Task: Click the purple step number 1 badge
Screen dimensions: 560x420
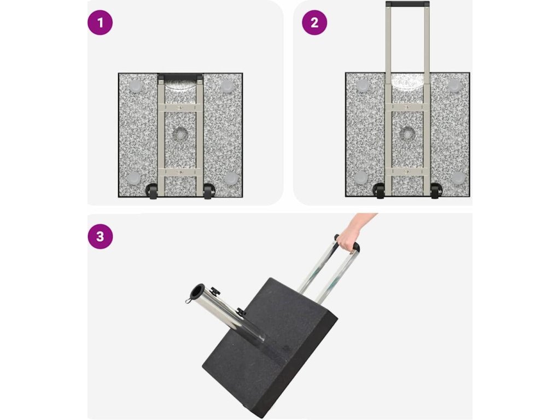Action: coord(100,22)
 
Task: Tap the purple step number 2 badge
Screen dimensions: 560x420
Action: coord(314,22)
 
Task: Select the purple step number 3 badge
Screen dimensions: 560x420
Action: coord(100,236)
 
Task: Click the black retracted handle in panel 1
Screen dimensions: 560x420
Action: coord(180,77)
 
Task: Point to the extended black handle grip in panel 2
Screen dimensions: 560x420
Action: coord(407,4)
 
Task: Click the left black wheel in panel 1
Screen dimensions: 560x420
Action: coord(152,191)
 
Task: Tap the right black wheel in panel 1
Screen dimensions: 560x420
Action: coord(208,191)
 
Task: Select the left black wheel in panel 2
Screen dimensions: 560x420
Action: coord(379,191)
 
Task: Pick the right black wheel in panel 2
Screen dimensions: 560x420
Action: coord(435,191)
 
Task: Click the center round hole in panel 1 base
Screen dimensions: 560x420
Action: coord(179,135)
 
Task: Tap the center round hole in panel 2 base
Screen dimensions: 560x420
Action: coord(407,135)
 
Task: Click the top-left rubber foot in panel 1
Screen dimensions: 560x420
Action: coord(136,86)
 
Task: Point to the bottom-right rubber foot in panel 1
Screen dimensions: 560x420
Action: coord(231,178)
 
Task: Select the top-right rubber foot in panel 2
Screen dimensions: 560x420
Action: coord(454,86)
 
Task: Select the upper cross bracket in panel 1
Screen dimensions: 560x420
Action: coord(180,107)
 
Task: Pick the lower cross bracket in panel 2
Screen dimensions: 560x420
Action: coord(407,172)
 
